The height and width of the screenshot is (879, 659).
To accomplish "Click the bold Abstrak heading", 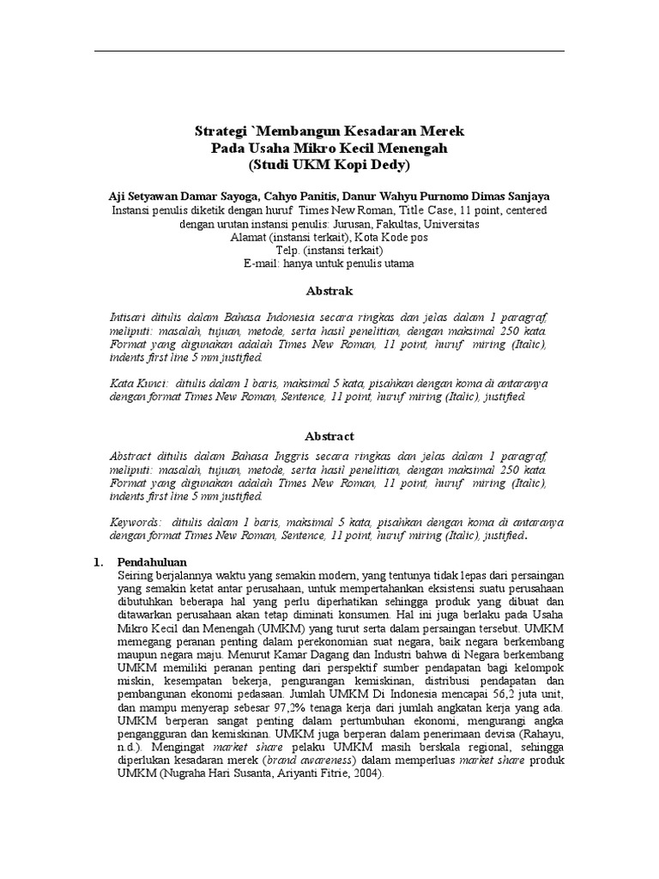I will (x=329, y=292).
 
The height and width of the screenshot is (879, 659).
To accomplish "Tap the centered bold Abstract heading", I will (x=329, y=436).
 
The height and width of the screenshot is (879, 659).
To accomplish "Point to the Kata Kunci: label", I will (x=137, y=382).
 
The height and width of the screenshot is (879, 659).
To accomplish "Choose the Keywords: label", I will (x=136, y=522).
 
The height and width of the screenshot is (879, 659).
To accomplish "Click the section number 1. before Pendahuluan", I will (x=99, y=561).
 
